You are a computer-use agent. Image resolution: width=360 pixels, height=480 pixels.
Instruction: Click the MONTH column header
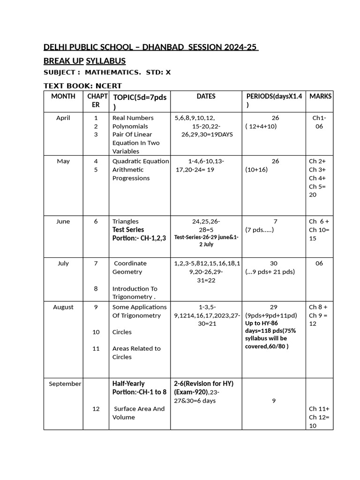tap(63, 96)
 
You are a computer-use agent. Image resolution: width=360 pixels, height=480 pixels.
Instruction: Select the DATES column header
tap(206, 96)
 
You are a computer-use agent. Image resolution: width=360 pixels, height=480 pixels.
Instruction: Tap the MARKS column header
tap(320, 96)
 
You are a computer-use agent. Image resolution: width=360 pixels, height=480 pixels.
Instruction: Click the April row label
tap(63, 118)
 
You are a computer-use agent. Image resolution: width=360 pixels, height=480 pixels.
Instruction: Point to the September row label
tap(65, 384)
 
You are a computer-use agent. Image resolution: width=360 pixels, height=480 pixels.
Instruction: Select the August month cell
tap(63, 307)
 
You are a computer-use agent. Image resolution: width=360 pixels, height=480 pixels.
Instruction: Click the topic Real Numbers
tap(133, 118)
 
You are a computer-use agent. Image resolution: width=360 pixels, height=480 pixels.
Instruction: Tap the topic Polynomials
tap(130, 127)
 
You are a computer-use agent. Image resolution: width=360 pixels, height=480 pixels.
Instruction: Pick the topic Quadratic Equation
tap(141, 161)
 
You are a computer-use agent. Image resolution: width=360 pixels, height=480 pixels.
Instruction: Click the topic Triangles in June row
tap(125, 221)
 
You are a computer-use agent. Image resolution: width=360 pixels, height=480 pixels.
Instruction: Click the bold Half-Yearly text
tap(128, 383)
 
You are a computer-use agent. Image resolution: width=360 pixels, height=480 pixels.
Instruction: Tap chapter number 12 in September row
tap(96, 409)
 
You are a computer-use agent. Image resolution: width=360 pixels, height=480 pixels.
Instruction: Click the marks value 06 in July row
tap(319, 263)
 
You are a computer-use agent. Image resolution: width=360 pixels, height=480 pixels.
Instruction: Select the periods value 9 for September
tap(273, 401)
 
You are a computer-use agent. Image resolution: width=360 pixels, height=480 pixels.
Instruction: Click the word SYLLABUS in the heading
tap(105, 61)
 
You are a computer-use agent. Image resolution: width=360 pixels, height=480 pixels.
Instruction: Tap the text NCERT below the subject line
tap(108, 86)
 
